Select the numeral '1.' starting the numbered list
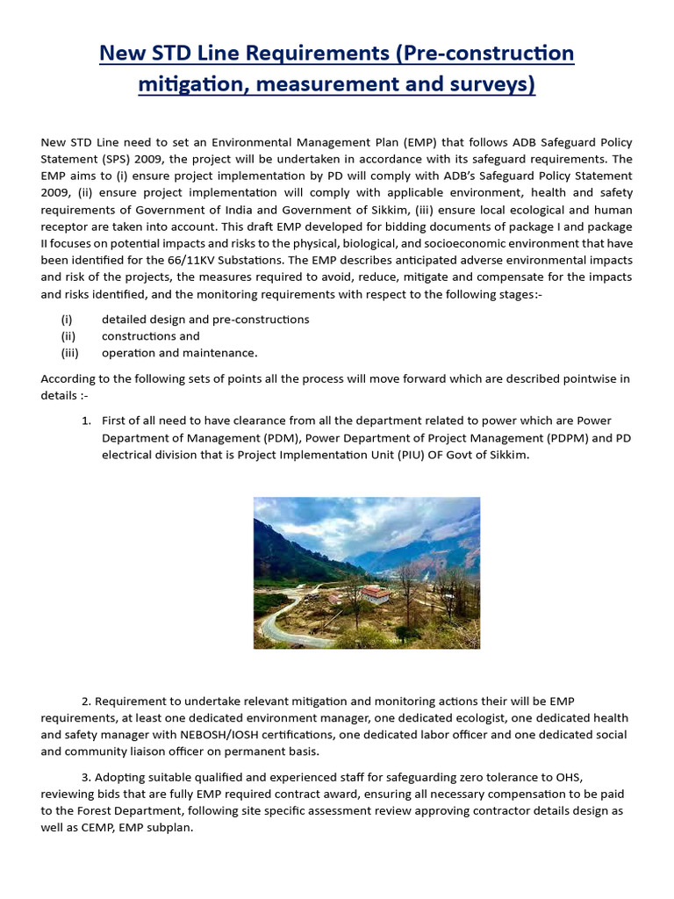tap(87, 421)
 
